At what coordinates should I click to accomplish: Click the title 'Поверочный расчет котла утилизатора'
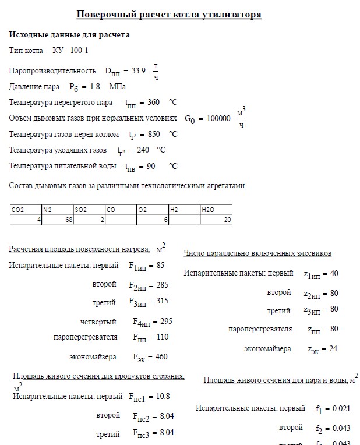169,15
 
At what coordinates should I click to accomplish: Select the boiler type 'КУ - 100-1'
70,51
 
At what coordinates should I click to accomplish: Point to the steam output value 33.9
139,70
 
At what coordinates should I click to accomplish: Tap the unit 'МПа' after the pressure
117,87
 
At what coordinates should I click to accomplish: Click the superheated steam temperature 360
153,103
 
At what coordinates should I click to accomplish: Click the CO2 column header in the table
17,210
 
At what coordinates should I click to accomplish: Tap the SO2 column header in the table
81,210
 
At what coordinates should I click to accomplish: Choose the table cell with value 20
227,220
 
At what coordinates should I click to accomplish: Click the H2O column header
207,210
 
